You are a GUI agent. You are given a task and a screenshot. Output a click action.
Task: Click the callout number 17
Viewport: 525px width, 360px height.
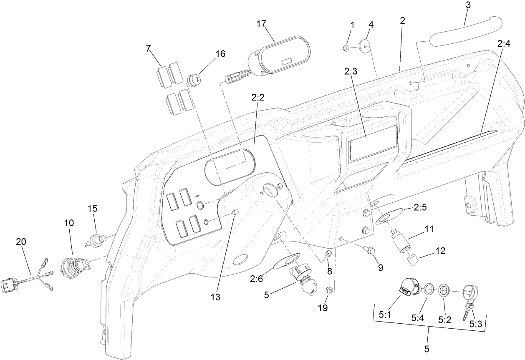click(x=261, y=24)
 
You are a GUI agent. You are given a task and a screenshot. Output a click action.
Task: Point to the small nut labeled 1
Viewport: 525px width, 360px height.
click(x=346, y=48)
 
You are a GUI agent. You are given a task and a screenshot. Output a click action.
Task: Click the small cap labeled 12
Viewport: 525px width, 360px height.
click(x=413, y=261)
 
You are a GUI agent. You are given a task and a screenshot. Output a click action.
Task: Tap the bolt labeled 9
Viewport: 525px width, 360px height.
click(x=369, y=250)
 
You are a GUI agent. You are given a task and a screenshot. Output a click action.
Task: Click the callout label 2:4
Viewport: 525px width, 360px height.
click(x=503, y=43)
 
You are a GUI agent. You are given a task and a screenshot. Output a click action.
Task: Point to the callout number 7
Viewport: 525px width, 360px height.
click(x=148, y=48)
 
